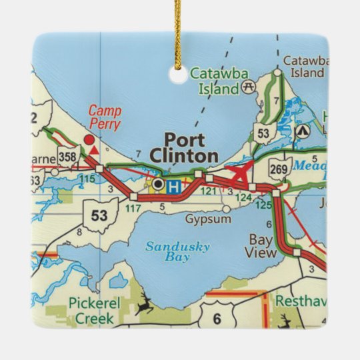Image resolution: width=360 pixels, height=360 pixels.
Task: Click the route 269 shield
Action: (x=279, y=167)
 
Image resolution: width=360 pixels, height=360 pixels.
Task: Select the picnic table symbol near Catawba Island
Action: (x=251, y=87)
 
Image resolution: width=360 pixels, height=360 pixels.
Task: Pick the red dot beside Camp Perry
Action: (x=89, y=140)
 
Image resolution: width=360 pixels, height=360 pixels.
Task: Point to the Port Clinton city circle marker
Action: (x=157, y=183)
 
